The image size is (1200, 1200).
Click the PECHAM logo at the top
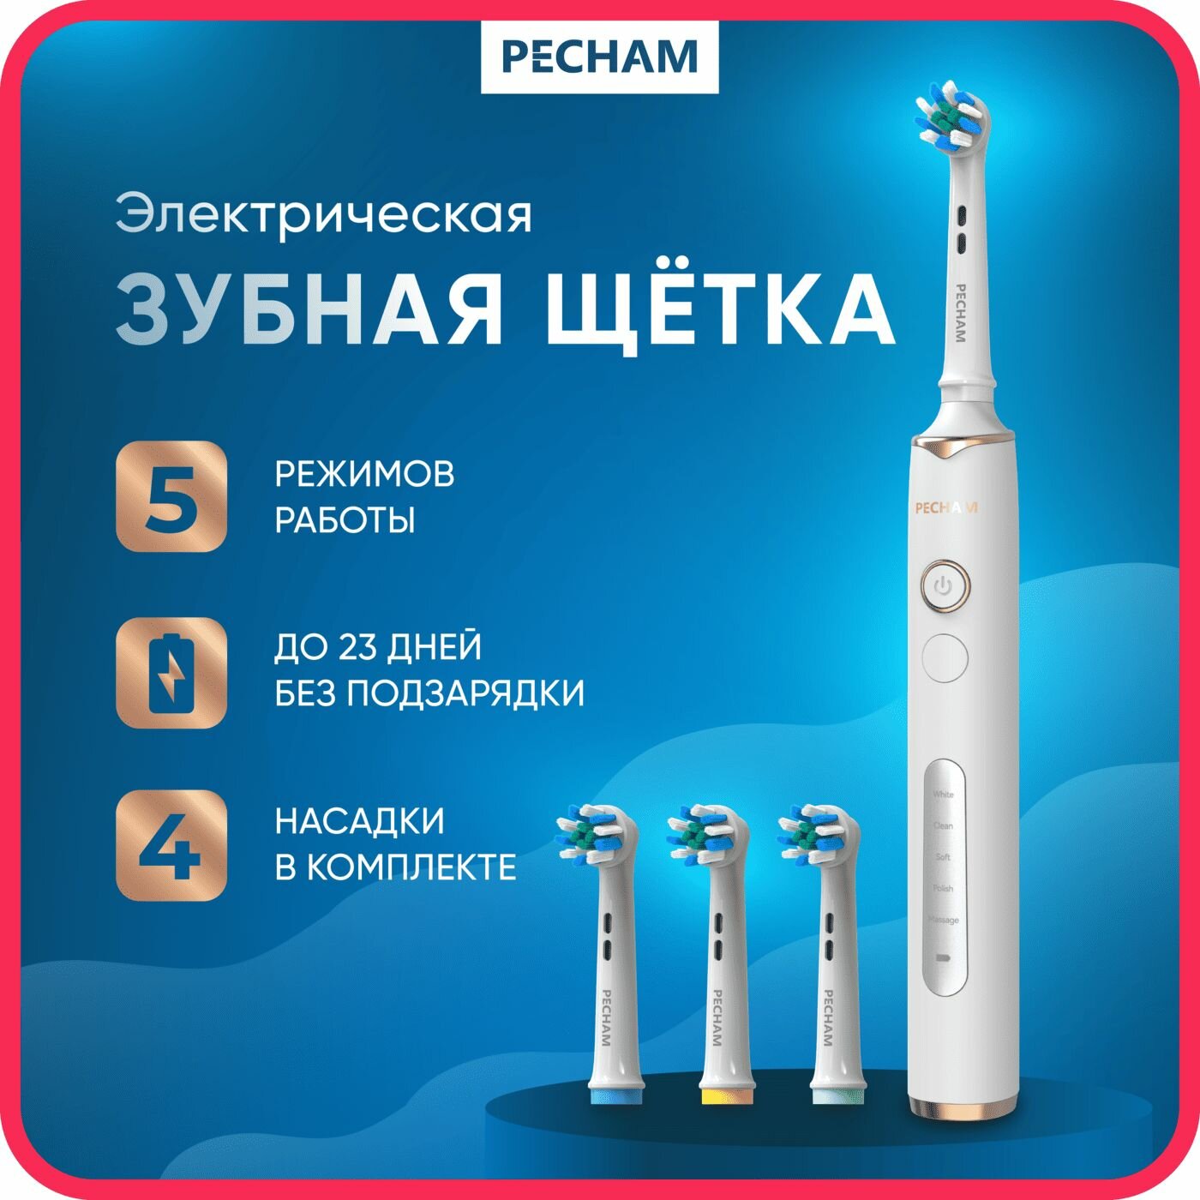click(599, 57)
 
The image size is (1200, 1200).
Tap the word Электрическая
click(324, 215)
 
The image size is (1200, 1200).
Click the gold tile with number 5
click(171, 496)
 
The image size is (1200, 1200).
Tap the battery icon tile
click(171, 673)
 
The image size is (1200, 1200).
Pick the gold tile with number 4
click(171, 845)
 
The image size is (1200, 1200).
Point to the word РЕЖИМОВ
click(364, 474)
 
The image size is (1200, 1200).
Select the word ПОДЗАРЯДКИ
click(466, 693)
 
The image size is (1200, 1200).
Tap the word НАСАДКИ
click(360, 821)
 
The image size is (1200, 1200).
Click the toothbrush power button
click(945, 587)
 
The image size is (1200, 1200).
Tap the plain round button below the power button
click(945, 657)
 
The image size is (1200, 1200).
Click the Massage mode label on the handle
click(944, 920)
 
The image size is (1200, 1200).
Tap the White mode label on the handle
click(944, 795)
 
